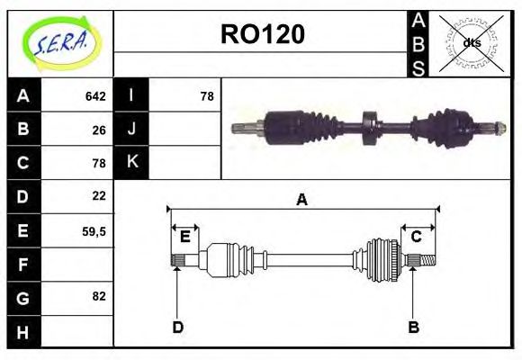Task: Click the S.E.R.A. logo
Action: [61, 44]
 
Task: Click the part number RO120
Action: [263, 34]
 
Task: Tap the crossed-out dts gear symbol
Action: [471, 43]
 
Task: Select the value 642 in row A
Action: [95, 96]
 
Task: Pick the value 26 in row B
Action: [99, 130]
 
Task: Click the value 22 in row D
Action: [99, 195]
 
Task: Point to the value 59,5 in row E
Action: [94, 231]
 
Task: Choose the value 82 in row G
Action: [99, 296]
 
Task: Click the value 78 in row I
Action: [207, 96]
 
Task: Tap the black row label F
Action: [24, 265]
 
